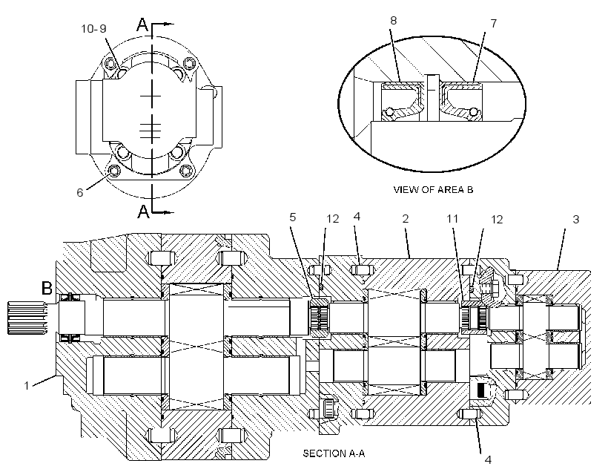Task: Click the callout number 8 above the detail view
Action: point(393,21)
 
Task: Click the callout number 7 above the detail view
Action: point(493,24)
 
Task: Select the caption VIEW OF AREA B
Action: point(433,189)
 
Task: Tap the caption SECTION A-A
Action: point(334,453)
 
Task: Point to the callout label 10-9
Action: point(93,29)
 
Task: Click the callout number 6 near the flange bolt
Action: point(79,192)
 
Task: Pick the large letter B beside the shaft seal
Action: point(47,288)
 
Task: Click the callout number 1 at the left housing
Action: point(27,385)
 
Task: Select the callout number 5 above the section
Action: point(292,217)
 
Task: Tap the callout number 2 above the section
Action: point(405,218)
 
